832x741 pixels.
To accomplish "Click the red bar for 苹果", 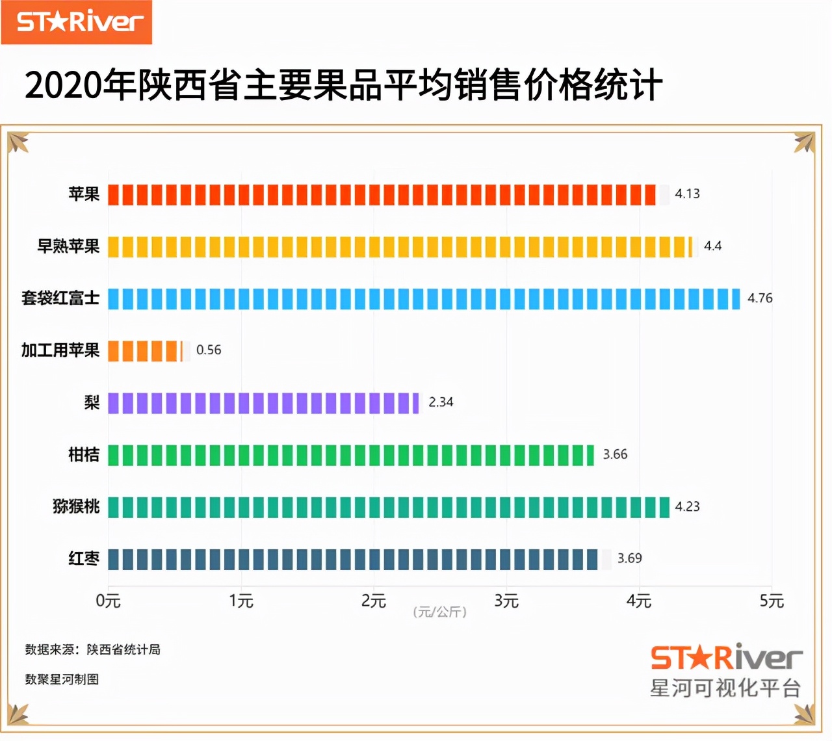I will point(382,194).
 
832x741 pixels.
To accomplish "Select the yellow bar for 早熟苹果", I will point(400,247).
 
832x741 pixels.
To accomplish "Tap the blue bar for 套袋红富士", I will point(424,299).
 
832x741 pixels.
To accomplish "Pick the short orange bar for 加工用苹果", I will point(145,351).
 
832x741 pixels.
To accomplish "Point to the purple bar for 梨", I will point(263,403).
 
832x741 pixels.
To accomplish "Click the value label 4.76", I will point(760,298).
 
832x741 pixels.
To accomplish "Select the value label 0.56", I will point(209,350).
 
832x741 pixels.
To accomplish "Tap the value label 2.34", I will point(441,402).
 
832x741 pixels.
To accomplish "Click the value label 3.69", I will point(629,558).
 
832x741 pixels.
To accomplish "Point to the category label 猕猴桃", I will point(76,506).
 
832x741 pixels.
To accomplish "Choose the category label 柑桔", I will point(84,454).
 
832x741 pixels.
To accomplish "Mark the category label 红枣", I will point(84,558).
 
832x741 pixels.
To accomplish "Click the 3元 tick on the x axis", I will point(506,601).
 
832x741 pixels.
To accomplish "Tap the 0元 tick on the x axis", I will point(108,601).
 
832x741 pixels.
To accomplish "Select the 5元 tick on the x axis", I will point(772,601).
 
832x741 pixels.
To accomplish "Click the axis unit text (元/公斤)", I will point(440,612).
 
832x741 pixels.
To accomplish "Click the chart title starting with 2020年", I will point(343,85).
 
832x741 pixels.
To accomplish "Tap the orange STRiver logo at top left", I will point(77,22).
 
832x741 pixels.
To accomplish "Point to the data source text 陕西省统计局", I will point(123,649).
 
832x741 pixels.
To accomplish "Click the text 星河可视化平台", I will point(725,688).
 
